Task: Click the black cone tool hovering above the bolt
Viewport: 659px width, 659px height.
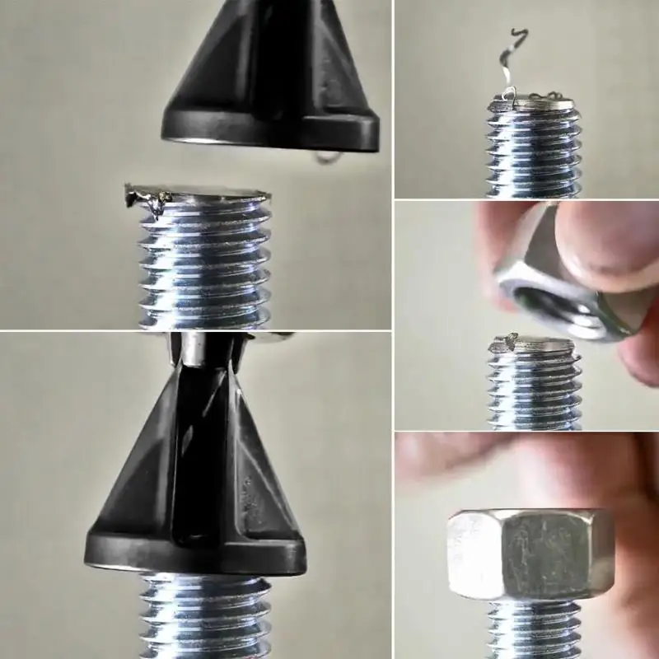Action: pos(272,74)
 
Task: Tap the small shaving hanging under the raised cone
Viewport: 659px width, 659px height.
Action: pos(328,157)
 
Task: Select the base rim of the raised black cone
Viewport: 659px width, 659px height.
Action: pos(272,132)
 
